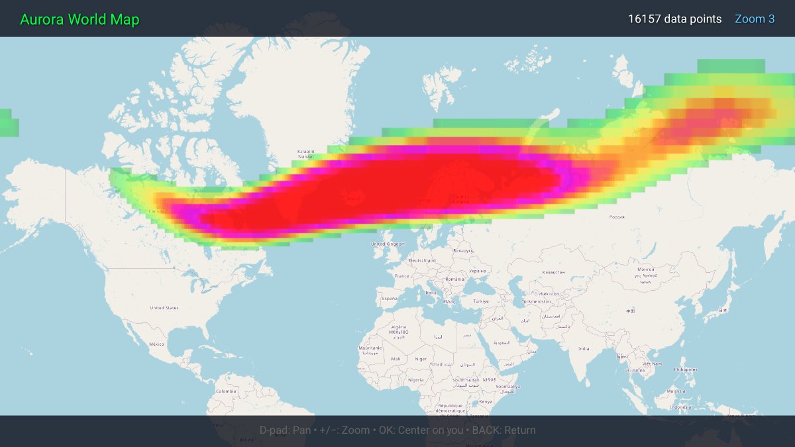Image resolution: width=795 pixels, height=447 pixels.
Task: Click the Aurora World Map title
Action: pos(79,19)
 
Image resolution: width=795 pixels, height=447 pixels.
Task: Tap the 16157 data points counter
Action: pos(674,19)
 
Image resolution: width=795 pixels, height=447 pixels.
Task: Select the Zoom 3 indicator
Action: pos(755,19)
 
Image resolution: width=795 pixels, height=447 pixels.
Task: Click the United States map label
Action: pos(164,308)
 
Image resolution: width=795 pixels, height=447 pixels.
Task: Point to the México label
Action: pos(156,344)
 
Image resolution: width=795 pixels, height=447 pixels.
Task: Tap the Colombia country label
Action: pos(225,391)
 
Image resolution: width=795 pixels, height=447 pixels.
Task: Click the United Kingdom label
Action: pos(388,244)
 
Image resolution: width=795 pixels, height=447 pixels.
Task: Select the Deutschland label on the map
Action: pos(422,261)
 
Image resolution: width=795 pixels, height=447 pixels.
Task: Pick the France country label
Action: pos(401,276)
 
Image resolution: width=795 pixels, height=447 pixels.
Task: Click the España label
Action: pos(390,299)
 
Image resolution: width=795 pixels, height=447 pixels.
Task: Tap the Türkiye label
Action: pos(480,301)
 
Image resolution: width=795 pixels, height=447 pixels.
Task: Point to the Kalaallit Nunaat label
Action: pos(306,154)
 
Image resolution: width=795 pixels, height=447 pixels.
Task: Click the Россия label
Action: pos(617,217)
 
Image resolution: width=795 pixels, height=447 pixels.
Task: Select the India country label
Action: pos(583,348)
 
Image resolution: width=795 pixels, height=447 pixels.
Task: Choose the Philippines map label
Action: pos(685,370)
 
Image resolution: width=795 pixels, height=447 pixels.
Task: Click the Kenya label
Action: pos(486,402)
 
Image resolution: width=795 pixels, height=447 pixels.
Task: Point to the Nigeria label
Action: pos(415,380)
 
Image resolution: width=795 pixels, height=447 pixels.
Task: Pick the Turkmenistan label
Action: pos(537,301)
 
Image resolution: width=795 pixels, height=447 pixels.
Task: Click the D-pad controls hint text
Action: pos(397,430)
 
